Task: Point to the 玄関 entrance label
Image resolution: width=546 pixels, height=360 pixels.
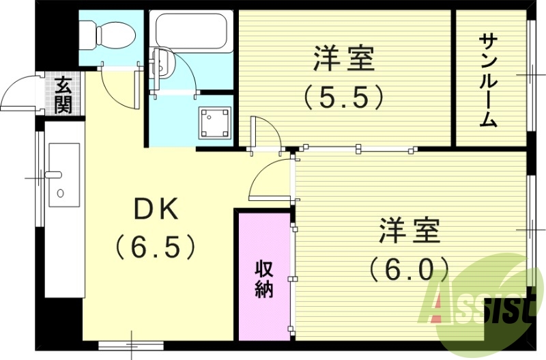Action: (63, 95)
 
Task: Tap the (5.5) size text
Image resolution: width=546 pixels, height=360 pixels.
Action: (345, 98)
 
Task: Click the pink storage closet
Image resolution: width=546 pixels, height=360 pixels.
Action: (265, 277)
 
